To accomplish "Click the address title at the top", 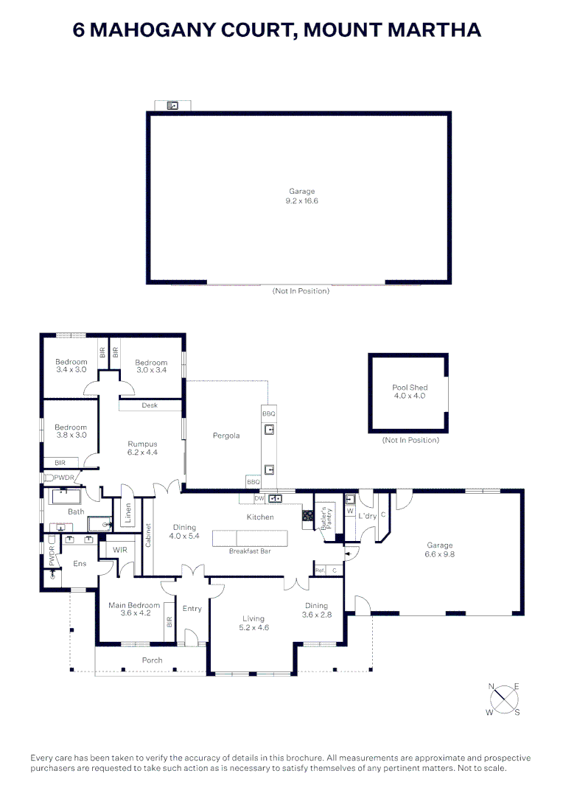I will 278,30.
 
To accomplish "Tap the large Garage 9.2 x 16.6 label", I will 301,196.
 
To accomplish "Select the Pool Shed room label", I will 410,391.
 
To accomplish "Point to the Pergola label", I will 226,436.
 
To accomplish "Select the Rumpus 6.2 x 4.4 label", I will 142,448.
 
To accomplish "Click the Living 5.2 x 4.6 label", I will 253,624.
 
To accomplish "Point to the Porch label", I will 152,660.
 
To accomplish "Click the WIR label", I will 119,549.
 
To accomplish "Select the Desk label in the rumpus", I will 150,405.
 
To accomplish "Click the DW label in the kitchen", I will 259,498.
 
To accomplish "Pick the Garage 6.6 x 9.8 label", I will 440,549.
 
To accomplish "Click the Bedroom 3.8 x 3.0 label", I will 71,431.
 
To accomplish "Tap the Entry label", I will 192,608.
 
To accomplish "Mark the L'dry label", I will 366,516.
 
